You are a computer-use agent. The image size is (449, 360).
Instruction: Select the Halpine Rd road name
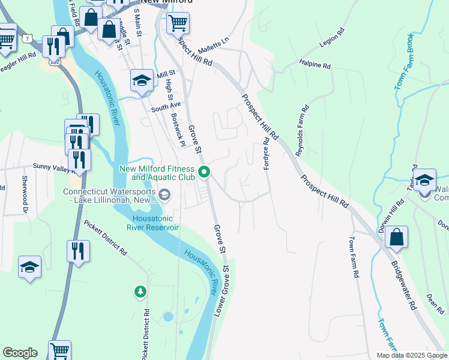(x=315, y=65)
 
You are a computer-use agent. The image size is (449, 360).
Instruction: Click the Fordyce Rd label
(x=267, y=154)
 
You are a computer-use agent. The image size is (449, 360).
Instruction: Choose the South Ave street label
(x=166, y=109)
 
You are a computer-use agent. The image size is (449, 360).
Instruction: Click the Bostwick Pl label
(x=178, y=129)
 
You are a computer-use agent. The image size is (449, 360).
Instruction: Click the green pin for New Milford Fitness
(x=204, y=172)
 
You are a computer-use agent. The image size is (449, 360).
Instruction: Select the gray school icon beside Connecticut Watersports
(x=164, y=194)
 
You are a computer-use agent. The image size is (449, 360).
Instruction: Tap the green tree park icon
(x=140, y=292)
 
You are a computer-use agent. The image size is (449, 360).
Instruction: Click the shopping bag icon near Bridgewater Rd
(x=397, y=238)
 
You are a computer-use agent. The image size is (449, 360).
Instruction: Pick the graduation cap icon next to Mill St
(x=142, y=80)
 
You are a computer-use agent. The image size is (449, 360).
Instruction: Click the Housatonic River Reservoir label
(x=152, y=223)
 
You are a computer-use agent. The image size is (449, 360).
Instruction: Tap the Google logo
(x=20, y=353)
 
